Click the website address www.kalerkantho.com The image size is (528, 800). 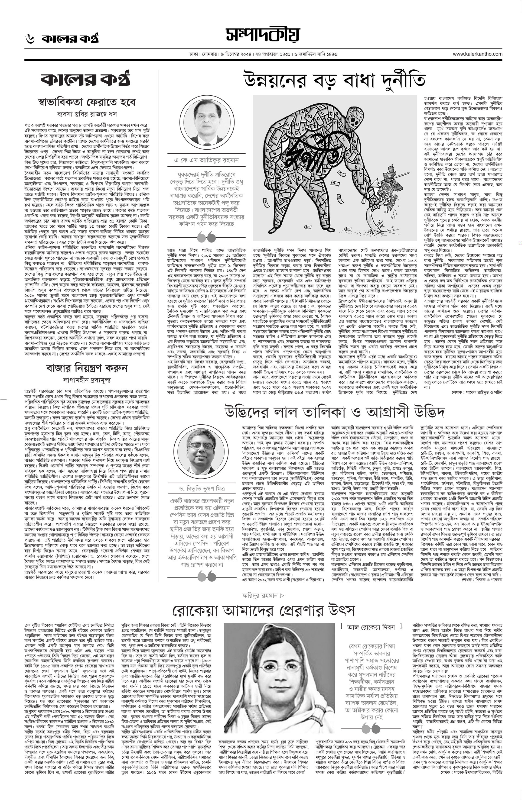click(x=477, y=54)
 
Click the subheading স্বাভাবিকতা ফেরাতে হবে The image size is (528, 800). click(x=87, y=102)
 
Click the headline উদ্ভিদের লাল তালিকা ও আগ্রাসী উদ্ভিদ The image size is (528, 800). click(x=335, y=411)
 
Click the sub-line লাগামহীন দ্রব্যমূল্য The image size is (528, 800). click(x=87, y=380)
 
